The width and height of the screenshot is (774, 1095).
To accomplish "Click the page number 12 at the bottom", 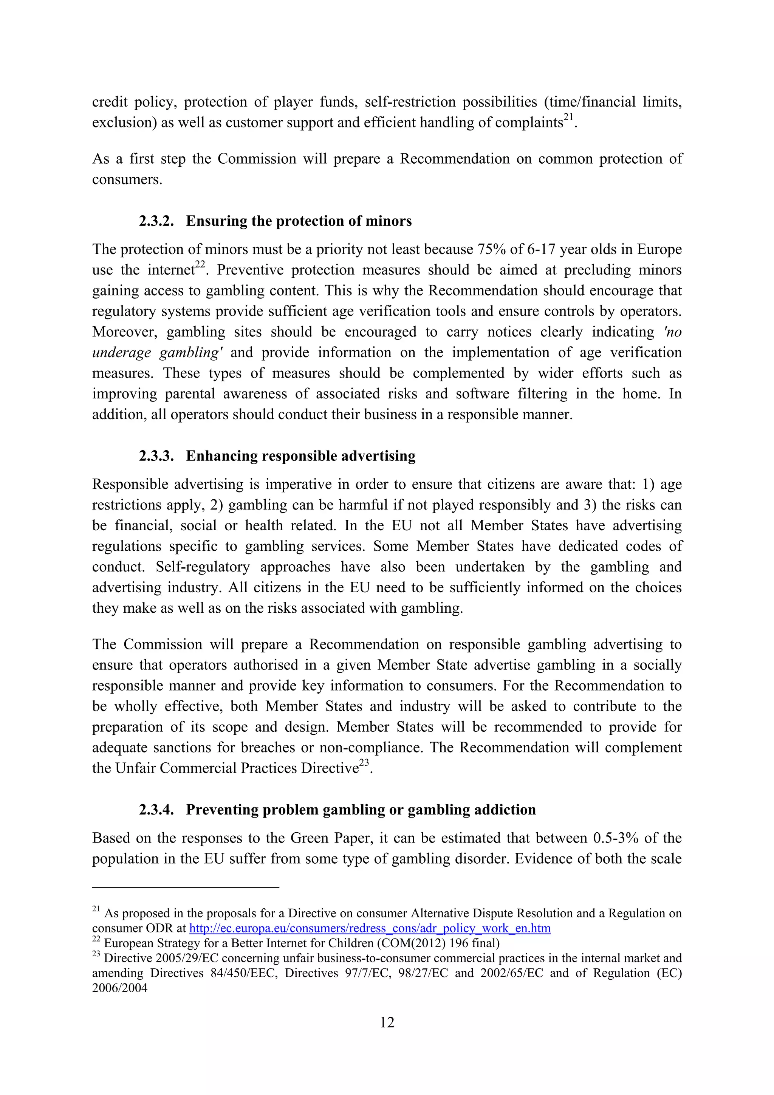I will click(x=387, y=1022).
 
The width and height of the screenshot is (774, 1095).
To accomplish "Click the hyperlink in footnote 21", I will click(x=370, y=928).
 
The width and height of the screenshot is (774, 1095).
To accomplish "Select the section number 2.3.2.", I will click(x=156, y=221).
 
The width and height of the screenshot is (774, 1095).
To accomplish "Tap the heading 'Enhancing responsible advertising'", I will click(x=300, y=456).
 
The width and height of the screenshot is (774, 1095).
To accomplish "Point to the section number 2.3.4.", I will click(x=156, y=810).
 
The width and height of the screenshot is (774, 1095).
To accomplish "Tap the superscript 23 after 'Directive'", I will click(x=364, y=763).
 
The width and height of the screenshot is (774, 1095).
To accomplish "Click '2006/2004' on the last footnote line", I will click(x=120, y=988).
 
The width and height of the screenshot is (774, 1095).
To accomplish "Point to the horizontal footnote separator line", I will click(x=186, y=887).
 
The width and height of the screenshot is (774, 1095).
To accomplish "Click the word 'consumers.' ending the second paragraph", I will click(x=127, y=180).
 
